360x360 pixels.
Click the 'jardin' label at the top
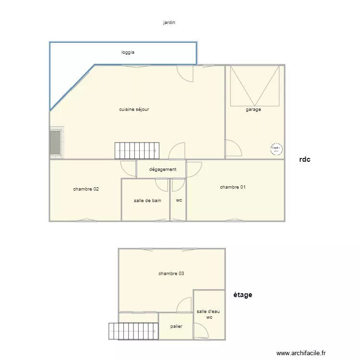tap(169, 22)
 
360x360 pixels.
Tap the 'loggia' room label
tap(128, 52)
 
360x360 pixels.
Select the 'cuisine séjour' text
tap(134, 109)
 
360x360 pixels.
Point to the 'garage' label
tap(253, 109)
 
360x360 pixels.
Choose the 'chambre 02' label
tap(86, 189)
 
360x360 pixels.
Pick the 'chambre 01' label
tap(233, 187)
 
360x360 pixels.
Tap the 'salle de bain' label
tap(147, 201)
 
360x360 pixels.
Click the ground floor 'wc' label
tap(179, 201)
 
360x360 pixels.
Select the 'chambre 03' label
tap(171, 274)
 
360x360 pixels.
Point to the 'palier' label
tap(176, 326)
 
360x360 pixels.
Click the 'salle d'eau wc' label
tap(209, 314)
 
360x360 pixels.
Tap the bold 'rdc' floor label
tap(304, 160)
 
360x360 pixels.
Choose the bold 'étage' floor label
tap(243, 295)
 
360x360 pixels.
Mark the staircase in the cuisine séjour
tap(136, 151)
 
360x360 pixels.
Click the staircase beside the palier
tap(133, 331)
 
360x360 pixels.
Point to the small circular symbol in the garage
tap(276, 149)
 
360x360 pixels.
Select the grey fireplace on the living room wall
tap(55, 142)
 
